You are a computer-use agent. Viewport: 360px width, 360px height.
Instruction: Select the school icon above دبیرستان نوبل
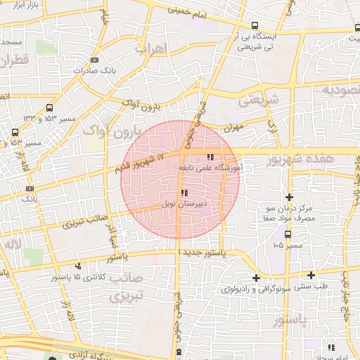pyautogui.click(x=184, y=192)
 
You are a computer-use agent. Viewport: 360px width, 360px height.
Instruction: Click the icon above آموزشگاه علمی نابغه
pyautogui.click(x=210, y=157)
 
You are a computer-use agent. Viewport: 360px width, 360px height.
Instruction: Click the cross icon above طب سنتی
pyautogui.click(x=310, y=274)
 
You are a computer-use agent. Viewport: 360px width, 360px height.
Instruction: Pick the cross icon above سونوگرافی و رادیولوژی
pyautogui.click(x=256, y=278)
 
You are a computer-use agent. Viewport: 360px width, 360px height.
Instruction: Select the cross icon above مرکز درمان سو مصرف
pyautogui.click(x=289, y=196)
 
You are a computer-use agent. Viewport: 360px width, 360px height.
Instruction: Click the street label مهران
pyautogui.click(x=232, y=129)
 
